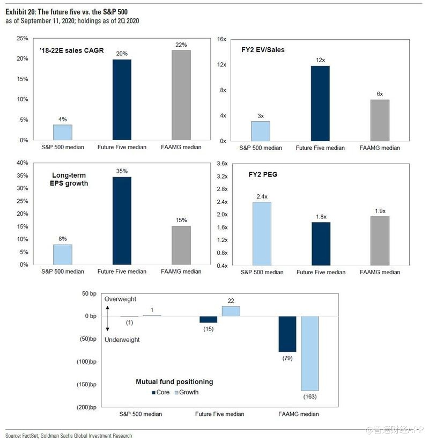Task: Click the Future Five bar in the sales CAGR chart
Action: tap(122, 99)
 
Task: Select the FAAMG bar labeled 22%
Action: tap(181, 95)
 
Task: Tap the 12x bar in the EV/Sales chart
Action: tap(320, 103)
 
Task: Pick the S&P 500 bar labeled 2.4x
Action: tap(262, 233)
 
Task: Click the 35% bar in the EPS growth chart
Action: tap(122, 221)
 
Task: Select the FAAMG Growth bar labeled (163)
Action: tap(310, 353)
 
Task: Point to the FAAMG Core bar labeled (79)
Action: tap(287, 334)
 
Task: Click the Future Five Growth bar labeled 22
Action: tap(231, 311)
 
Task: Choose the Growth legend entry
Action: tap(185, 392)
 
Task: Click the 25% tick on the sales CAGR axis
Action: tap(23, 39)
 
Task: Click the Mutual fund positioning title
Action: tap(174, 382)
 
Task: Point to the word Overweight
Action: tap(121, 299)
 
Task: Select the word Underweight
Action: tap(122, 340)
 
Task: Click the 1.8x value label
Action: tap(321, 217)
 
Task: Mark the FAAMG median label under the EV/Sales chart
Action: tap(380, 148)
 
